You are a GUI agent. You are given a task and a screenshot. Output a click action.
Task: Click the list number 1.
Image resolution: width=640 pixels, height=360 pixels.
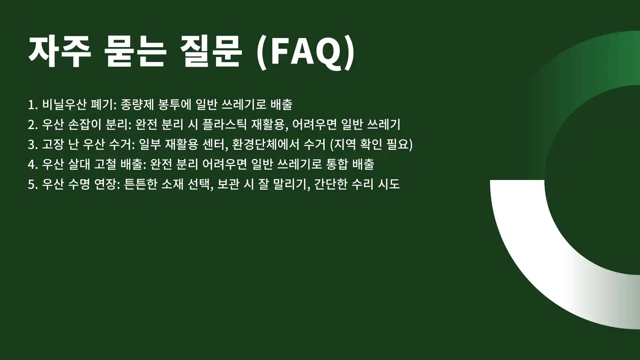[32, 105]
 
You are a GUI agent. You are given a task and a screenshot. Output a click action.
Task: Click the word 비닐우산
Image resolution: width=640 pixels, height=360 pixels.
[64, 105]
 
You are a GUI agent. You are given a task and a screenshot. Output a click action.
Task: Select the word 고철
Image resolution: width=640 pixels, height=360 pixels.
[104, 164]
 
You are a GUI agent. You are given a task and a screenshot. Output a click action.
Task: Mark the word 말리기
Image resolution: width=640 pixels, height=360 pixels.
[291, 184]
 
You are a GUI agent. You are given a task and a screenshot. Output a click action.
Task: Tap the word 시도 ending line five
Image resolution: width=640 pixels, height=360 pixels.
[389, 184]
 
